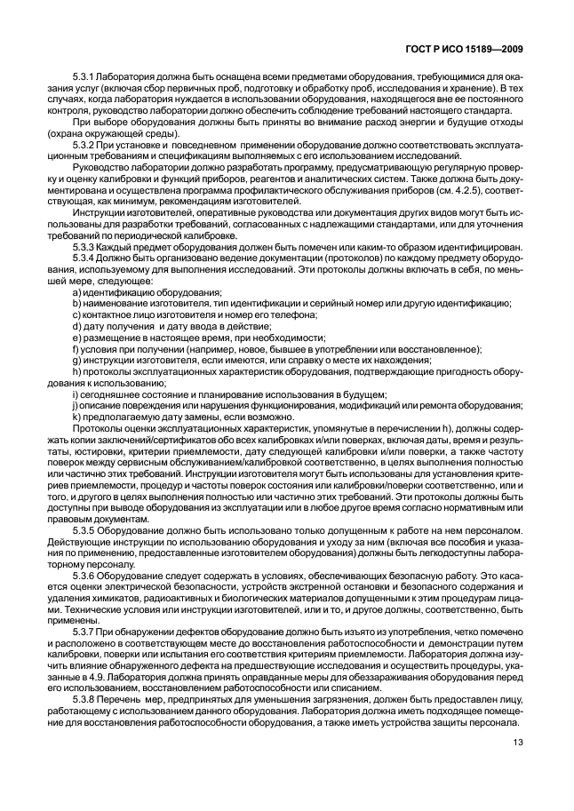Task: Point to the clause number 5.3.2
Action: [x=83, y=143]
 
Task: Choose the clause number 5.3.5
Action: [x=83, y=529]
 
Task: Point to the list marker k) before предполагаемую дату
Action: [x=76, y=417]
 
